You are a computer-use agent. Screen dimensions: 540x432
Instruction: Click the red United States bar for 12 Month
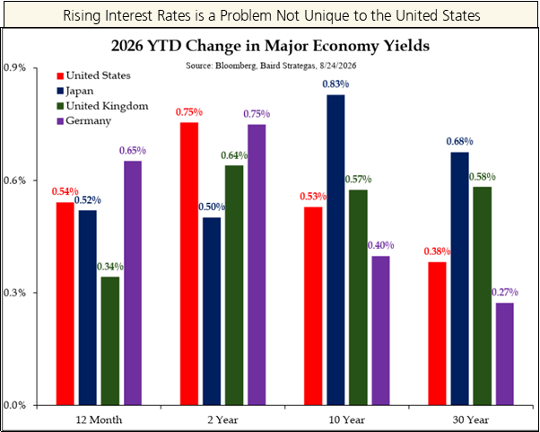pos(65,304)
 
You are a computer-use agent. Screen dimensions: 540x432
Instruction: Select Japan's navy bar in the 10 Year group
pos(335,250)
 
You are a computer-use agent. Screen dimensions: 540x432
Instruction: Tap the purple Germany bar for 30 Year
pos(505,354)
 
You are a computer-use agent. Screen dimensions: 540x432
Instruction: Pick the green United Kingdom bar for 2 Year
pos(234,285)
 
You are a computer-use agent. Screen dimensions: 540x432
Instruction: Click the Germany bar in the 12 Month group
pos(133,283)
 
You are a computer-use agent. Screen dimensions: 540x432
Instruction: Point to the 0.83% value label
pos(335,84)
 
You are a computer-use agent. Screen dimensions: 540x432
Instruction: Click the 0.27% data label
pos(505,293)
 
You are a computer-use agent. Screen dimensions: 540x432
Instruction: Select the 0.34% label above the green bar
pos(110,267)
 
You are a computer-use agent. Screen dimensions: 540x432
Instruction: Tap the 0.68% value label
pos(460,141)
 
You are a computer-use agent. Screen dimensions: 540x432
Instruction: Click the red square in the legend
pos(60,75)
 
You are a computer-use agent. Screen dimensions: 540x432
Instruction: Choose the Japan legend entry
pos(75,91)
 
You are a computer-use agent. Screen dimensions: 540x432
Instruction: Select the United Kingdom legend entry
pos(102,106)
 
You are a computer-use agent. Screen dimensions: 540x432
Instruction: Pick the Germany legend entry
pos(84,121)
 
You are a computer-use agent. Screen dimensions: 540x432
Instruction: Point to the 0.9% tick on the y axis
pos(14,68)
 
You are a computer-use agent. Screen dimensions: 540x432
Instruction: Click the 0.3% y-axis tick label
pos(14,293)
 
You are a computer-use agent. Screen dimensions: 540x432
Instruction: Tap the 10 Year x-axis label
pos(347,420)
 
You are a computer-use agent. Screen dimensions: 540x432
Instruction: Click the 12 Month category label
pos(99,420)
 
